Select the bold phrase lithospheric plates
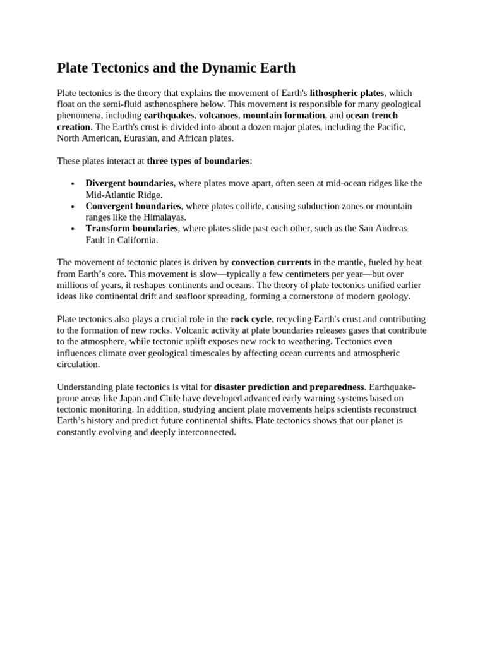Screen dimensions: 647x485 point(347,93)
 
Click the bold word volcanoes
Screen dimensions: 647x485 point(219,116)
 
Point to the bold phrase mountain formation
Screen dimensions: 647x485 point(284,116)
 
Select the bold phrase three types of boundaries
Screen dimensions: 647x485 point(198,161)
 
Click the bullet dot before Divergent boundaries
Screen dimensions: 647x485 point(73,184)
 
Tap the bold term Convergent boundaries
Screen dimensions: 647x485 point(133,206)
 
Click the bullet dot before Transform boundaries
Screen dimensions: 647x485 point(73,229)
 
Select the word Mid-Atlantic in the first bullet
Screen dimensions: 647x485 point(110,195)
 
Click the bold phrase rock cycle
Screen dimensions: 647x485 point(251,319)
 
